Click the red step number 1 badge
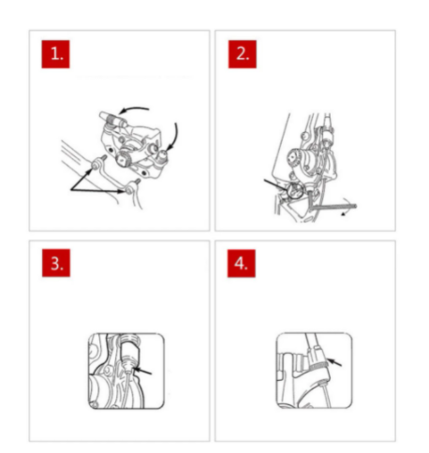[x=55, y=54]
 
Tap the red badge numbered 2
[x=243, y=54]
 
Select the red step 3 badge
[x=56, y=263]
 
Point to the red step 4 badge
[x=242, y=263]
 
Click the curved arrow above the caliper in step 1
[x=133, y=109]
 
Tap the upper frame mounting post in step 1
[x=99, y=162]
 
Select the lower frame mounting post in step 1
[x=132, y=186]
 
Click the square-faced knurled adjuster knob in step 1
[x=123, y=159]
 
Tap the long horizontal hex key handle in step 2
[x=334, y=206]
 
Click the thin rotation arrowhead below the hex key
[x=344, y=213]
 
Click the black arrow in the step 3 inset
[x=142, y=371]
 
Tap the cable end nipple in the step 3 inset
[x=128, y=365]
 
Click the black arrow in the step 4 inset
[x=334, y=362]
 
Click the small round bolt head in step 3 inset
[x=108, y=370]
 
